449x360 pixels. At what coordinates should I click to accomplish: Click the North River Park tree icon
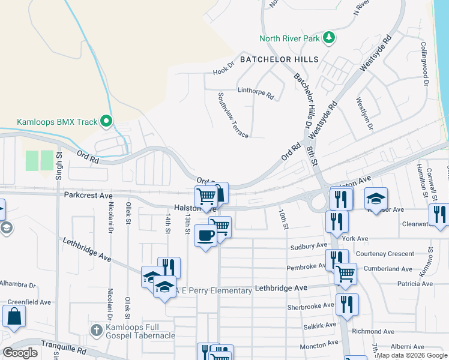coord(328,38)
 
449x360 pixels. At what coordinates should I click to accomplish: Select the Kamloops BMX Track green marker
coord(106,122)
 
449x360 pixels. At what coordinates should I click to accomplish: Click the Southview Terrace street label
coord(233,115)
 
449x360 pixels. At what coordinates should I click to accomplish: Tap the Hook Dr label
coord(222,72)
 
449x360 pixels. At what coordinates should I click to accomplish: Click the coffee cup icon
coord(205,235)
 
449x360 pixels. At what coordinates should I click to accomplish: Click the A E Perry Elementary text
coord(214,291)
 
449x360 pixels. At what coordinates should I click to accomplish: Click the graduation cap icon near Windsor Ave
coord(376,199)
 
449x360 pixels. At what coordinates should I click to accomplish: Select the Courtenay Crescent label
coord(385,254)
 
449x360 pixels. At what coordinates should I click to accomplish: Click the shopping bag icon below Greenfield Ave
coord(14,316)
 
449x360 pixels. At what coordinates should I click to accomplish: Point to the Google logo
coord(20,353)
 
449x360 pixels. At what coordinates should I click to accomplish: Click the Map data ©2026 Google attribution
coord(412,355)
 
